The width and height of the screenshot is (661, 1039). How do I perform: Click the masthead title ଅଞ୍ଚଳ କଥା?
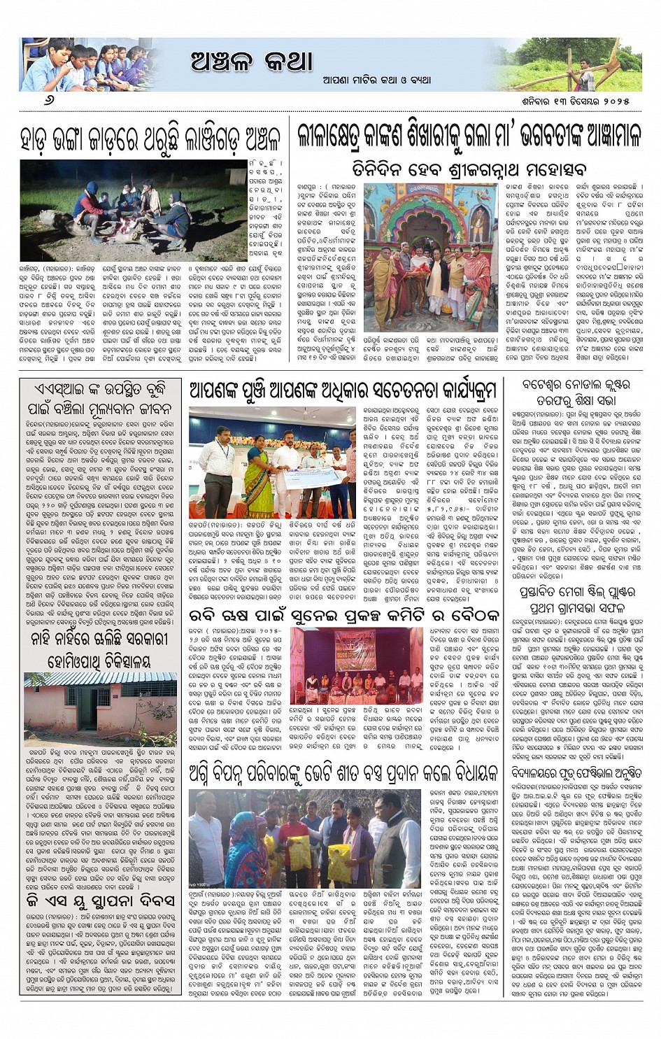(x=252, y=62)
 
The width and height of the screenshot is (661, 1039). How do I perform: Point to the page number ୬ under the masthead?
(x=48, y=100)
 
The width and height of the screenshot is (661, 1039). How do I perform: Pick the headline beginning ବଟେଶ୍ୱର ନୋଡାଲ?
(x=576, y=393)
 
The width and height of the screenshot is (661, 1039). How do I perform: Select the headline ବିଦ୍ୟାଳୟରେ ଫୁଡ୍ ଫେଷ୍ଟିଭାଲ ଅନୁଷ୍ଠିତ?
(x=576, y=774)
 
